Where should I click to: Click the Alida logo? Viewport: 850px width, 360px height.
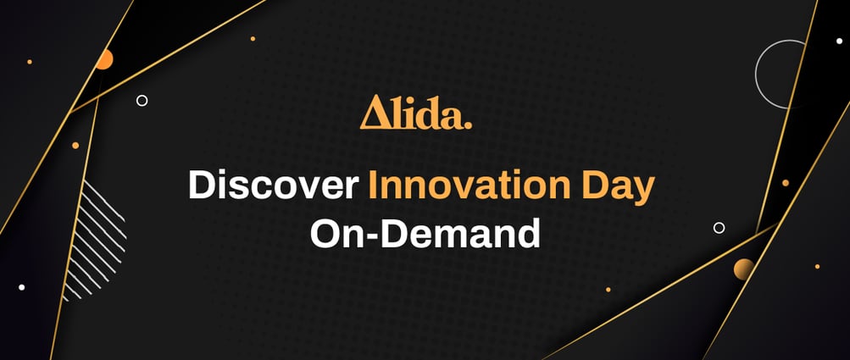tap(416, 113)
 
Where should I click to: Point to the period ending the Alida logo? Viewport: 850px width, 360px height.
tap(468, 125)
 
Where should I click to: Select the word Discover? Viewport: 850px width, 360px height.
tap(274, 185)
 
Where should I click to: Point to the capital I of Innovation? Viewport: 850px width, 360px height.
tap(372, 185)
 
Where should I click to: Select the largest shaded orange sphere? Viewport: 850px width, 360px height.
tap(744, 269)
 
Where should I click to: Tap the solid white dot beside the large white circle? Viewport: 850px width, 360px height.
tap(839, 41)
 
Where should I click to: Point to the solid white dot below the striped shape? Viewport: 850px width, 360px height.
tap(22, 287)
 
